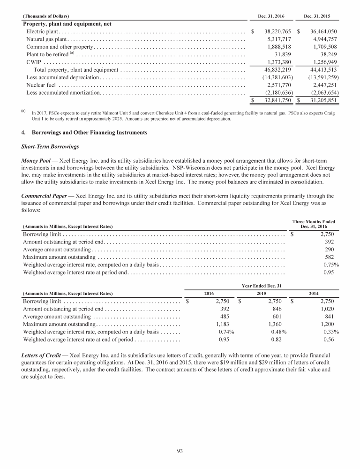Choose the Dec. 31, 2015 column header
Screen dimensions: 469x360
317,16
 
